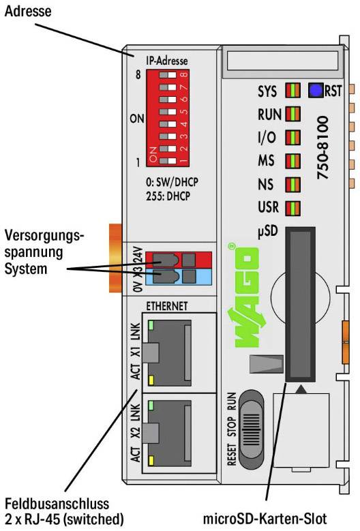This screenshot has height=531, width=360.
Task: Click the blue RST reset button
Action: [x=316, y=90]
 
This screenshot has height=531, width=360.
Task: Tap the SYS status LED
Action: [x=292, y=91]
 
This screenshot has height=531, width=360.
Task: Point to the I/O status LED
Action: [x=292, y=138]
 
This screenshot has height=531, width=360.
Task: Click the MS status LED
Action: [x=292, y=162]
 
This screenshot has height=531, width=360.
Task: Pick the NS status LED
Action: [x=292, y=184]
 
